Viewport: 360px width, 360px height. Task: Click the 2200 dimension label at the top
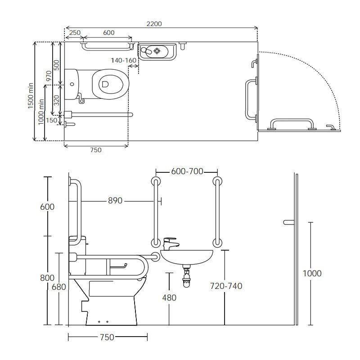click(154, 24)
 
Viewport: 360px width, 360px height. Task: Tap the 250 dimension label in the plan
click(75, 32)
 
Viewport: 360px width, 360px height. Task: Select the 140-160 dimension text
click(124, 60)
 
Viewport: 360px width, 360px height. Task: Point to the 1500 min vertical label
click(31, 96)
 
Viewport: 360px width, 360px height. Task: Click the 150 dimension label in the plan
click(51, 120)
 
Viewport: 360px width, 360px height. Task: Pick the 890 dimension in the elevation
click(115, 201)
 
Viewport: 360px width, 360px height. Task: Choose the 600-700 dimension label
click(187, 171)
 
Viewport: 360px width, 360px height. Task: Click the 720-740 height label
click(226, 286)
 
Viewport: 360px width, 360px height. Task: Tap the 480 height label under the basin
click(169, 298)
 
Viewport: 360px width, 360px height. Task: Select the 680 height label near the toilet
click(59, 287)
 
